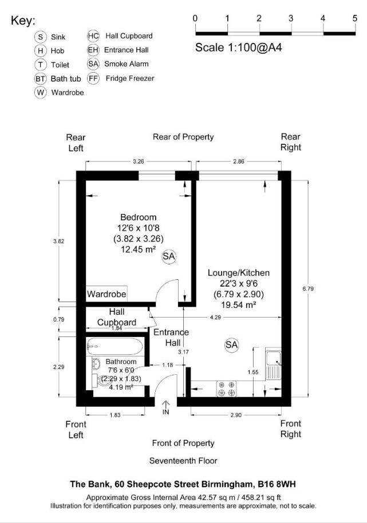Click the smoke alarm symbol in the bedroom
[x=168, y=257]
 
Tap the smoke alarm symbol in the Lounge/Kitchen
[x=231, y=344]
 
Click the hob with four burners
[x=226, y=389]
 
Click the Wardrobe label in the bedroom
[x=106, y=294]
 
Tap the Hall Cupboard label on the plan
[x=117, y=317]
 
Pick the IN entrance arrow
[x=165, y=408]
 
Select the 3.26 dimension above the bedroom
[x=138, y=162]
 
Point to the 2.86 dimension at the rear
[x=238, y=162]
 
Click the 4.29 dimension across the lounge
[x=215, y=316]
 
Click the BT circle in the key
[x=40, y=78]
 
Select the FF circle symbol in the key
[x=93, y=78]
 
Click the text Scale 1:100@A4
[x=239, y=47]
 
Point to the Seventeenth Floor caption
[x=183, y=461]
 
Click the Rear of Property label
[x=183, y=137]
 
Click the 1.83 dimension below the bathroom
[x=116, y=415]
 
